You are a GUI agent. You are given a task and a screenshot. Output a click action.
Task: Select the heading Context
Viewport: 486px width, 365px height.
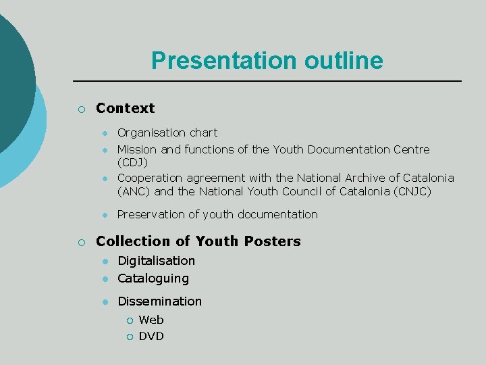point(125,108)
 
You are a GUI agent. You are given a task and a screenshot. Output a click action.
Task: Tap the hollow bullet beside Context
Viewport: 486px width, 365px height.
point(81,109)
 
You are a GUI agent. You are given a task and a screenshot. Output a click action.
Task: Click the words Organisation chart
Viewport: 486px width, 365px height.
point(167,132)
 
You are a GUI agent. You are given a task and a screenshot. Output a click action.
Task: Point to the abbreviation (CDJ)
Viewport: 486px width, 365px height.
point(133,163)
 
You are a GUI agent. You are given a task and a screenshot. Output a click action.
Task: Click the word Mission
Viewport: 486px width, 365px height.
point(137,149)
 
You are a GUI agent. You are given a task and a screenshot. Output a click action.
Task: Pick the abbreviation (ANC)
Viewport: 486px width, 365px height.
point(134,191)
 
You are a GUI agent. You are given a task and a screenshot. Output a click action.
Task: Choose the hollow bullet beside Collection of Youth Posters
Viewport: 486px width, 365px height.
point(81,242)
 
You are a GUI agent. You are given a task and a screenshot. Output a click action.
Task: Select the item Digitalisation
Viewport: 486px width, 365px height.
point(156,261)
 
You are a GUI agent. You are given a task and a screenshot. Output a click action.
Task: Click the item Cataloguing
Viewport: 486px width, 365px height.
point(153,278)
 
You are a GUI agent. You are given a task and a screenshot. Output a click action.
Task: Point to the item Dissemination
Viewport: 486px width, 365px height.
point(159,301)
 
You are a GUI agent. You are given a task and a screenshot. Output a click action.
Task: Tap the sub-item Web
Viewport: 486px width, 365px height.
point(151,320)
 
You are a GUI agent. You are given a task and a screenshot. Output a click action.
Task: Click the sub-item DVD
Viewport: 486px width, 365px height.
point(151,336)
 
